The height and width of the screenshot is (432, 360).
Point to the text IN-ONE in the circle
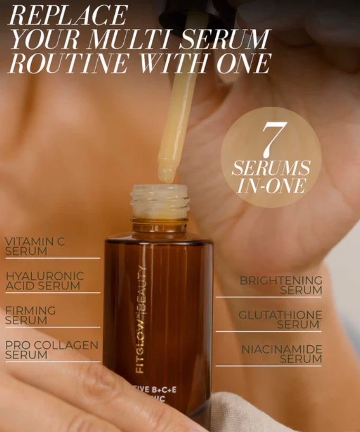point(271,186)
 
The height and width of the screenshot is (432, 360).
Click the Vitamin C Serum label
point(35,247)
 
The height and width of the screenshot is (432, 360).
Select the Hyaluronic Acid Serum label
point(44,281)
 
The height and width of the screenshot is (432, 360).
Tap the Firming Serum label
point(30,315)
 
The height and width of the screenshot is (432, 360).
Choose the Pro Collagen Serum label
point(51,350)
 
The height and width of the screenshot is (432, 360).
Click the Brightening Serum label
point(281,285)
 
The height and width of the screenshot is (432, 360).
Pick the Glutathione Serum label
point(280,320)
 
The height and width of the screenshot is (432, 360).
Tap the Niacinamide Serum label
point(282,354)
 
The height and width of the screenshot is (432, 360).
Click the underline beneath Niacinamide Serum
point(269,365)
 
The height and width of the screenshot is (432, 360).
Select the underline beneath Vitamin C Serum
point(52,258)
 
